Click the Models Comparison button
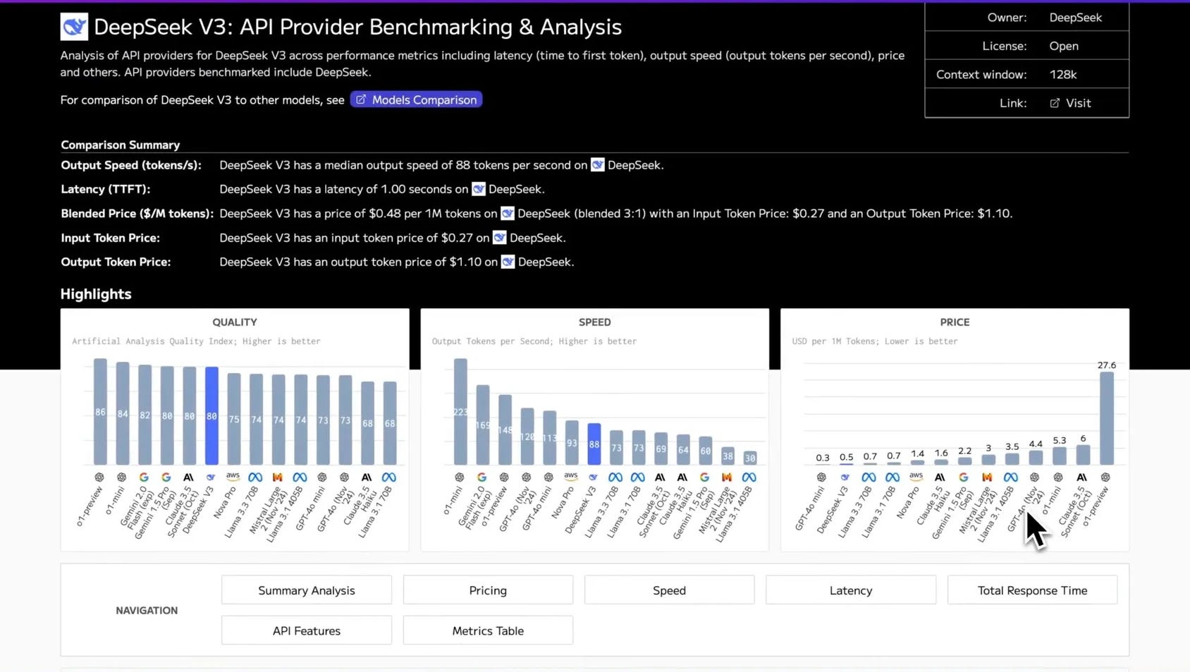[416, 100]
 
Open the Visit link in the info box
[1071, 103]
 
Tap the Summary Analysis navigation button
[306, 590]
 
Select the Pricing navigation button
[488, 590]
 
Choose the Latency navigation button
[850, 590]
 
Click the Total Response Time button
[1031, 590]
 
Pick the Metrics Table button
[488, 630]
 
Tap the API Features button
[306, 630]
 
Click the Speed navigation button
[669, 590]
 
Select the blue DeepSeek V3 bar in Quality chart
[211, 416]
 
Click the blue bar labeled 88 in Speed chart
[594, 444]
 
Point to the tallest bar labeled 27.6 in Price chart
[1107, 417]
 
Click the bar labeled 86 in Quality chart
[100, 412]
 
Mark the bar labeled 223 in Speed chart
[460, 412]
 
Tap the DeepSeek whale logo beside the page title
[74, 27]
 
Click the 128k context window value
[1062, 75]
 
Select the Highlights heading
[96, 294]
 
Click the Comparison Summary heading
[120, 145]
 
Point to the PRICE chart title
[955, 322]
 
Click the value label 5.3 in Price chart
[1059, 440]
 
